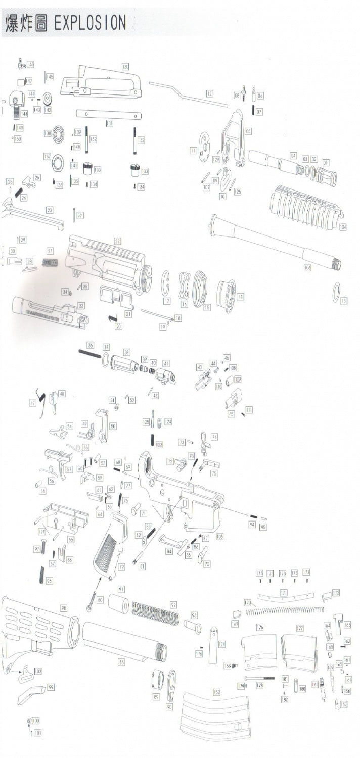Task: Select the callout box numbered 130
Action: pos(125,67)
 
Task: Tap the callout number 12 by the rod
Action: pos(209,93)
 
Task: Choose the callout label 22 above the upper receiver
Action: pos(117,241)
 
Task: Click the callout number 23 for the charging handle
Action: pos(50,210)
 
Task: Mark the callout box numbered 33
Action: pos(81,305)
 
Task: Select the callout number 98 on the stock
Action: pos(64,608)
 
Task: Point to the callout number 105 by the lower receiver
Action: pos(220,536)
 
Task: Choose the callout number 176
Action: pos(260,627)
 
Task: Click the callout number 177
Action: pos(300,628)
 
